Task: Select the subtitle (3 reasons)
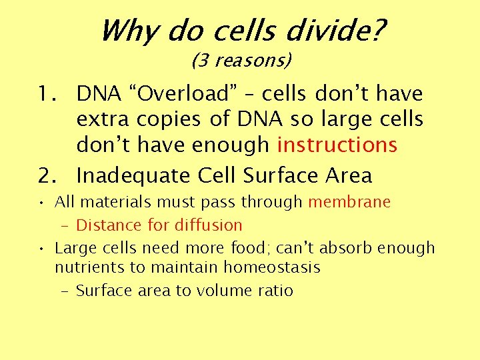tap(241, 61)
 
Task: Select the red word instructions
tap(337, 145)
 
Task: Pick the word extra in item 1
tap(103, 119)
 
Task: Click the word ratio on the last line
tap(273, 291)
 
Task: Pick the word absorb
tap(343, 248)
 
